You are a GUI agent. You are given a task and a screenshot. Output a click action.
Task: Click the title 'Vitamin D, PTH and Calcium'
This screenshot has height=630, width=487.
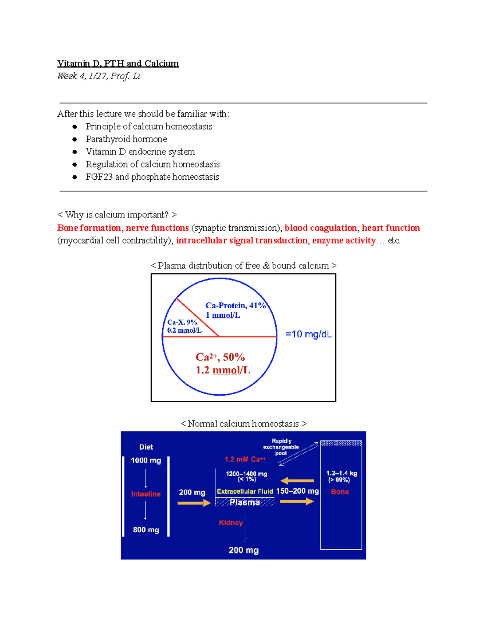point(118,63)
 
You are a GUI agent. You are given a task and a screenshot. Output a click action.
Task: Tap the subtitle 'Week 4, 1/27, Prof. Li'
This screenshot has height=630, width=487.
point(99,76)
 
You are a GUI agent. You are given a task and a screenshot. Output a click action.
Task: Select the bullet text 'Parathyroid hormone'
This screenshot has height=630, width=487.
point(126,139)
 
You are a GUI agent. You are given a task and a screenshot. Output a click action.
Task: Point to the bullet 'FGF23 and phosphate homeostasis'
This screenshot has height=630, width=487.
point(152,177)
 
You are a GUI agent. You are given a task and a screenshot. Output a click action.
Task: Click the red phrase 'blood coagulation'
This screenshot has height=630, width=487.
point(321,228)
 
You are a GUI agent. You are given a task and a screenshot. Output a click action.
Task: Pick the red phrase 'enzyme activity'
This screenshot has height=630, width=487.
point(344,241)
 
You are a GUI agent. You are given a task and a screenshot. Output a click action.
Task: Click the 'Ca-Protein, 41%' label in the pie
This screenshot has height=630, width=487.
point(235,305)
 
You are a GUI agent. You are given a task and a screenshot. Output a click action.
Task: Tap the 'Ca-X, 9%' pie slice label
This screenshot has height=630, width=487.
point(182,322)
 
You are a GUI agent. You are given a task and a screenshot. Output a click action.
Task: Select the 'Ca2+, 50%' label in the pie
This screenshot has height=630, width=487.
point(220,357)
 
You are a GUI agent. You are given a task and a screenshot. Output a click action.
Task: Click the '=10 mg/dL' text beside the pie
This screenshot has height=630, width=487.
point(308,334)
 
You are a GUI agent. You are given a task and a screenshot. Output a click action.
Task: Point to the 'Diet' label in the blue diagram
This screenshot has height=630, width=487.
point(146,447)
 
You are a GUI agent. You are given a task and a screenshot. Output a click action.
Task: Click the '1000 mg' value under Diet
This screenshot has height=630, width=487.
point(146,460)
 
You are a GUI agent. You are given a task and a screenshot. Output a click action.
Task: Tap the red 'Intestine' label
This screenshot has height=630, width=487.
point(146,494)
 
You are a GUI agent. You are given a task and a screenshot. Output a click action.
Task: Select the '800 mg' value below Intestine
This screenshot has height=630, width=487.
point(146,530)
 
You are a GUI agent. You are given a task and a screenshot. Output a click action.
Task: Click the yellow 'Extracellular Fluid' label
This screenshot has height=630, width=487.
point(245,491)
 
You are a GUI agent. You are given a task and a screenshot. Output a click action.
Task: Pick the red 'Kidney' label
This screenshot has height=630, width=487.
point(231,523)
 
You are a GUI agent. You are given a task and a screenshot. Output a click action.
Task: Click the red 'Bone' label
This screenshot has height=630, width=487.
point(340,492)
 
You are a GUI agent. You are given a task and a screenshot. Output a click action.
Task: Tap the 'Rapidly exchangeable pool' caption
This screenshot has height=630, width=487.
point(281,447)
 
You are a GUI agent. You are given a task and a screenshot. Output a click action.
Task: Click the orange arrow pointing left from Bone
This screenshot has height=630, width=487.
point(297,481)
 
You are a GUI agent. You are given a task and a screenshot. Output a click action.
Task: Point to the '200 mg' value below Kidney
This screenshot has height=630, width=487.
point(243,550)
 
